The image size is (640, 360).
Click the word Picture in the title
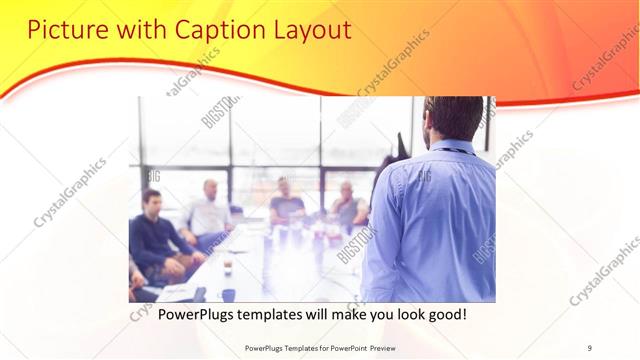point(63,30)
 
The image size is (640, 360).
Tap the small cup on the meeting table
point(228,266)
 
